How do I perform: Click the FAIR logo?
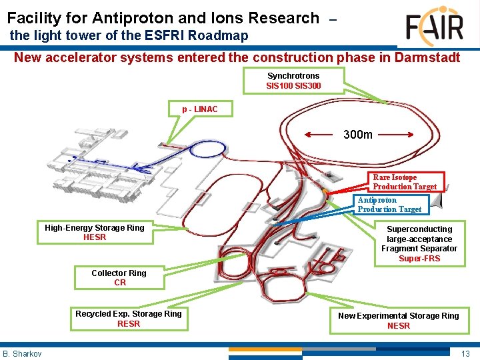coord(434,27)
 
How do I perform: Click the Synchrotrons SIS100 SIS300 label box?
coord(293,81)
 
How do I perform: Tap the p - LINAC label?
coord(200,109)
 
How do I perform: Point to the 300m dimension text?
coord(358,135)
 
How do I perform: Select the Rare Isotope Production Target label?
coord(405,182)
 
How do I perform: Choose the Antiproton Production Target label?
coord(389,205)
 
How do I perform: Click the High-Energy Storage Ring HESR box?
coord(95,233)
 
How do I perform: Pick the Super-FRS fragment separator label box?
coord(419,243)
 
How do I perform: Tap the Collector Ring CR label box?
coord(119,277)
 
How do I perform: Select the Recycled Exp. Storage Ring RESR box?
coord(129,319)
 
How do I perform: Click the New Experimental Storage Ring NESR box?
coord(399,321)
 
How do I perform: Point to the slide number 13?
coord(465,353)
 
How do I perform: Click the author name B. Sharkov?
coord(22,353)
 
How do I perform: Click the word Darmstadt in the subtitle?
coord(426,57)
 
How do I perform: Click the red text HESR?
coord(95,237)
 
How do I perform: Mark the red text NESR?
coord(399,326)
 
